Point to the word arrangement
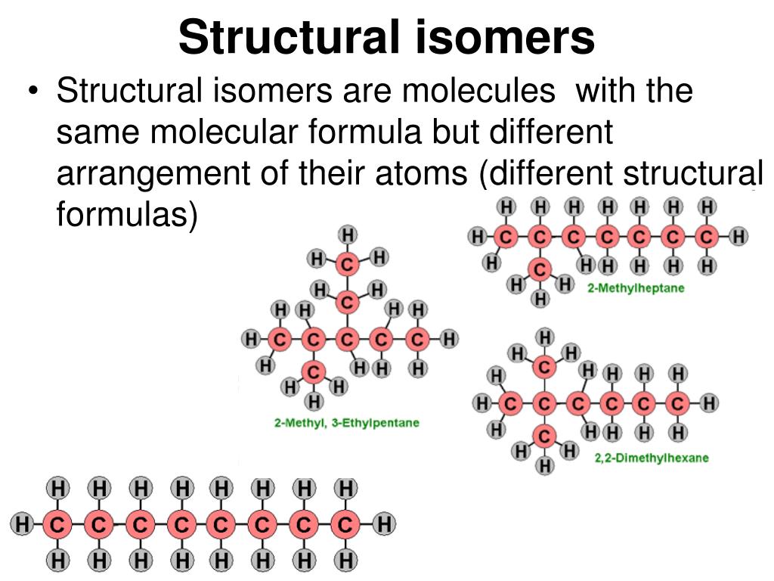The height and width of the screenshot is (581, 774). coord(144,174)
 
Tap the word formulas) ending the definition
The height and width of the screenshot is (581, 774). coord(127,215)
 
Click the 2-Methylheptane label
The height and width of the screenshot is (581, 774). coord(635,288)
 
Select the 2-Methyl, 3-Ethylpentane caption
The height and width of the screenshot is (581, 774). coord(346,423)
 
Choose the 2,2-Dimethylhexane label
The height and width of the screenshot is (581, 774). coord(652,458)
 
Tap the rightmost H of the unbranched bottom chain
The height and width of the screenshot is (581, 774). coord(385,523)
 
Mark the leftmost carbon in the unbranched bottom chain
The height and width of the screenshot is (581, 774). coord(57,523)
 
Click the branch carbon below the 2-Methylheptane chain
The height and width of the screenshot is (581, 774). coord(540,269)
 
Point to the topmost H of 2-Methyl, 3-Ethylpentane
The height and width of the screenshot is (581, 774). coord(348,235)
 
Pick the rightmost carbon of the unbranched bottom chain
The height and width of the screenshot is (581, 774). coord(345,523)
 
